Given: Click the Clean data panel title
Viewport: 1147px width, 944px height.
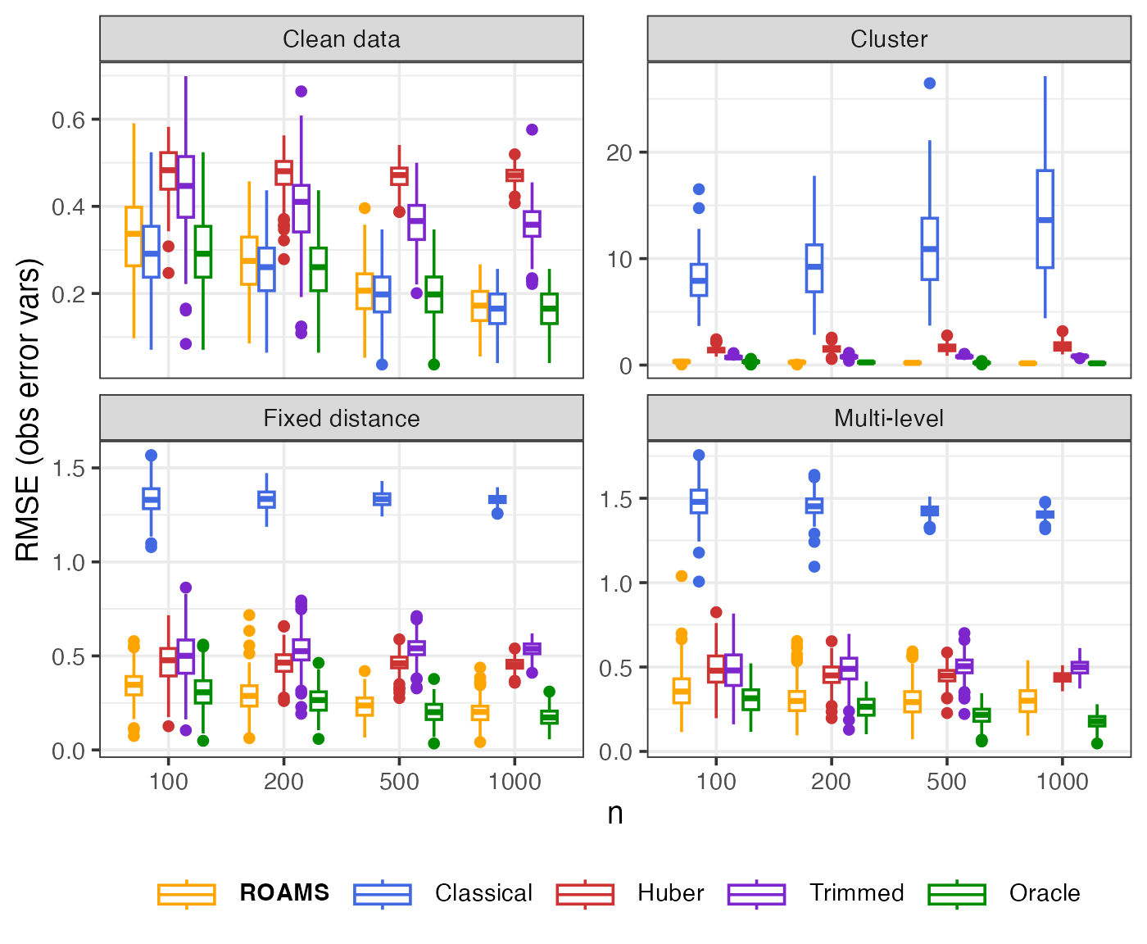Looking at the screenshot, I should tap(341, 39).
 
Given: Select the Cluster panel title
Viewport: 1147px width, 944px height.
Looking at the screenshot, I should tap(889, 39).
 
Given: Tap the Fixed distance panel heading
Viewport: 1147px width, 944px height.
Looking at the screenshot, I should tap(341, 419).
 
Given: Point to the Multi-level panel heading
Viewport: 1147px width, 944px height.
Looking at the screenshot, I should tap(889, 419).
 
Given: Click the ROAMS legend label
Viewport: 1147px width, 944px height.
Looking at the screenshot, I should tap(284, 893).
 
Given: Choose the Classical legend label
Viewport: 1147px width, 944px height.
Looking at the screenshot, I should tap(483, 893).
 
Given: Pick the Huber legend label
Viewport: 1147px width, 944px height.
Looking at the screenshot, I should tap(670, 893).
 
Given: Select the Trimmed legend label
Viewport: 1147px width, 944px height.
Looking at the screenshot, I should tap(856, 893).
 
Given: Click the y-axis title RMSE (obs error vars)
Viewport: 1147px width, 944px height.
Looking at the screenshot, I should tap(29, 410).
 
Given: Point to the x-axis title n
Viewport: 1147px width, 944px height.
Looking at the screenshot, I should tap(615, 813).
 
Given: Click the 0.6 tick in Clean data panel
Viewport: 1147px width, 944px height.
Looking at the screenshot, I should tap(68, 120).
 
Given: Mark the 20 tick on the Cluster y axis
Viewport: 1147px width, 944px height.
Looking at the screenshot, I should tap(619, 153).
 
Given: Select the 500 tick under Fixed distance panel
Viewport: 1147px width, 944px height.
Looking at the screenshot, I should tap(399, 782).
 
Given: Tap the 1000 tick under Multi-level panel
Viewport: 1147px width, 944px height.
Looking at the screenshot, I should tap(1062, 782).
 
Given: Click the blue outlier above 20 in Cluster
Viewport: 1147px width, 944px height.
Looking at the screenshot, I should tap(930, 84).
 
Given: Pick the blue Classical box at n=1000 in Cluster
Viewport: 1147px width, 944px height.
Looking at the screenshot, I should tap(1045, 219).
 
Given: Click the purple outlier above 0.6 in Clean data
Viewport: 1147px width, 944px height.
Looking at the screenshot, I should tap(301, 91).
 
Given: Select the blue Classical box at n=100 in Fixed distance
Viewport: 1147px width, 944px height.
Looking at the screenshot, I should tap(152, 498).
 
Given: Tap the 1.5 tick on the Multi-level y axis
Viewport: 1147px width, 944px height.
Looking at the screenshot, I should tap(615, 499).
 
